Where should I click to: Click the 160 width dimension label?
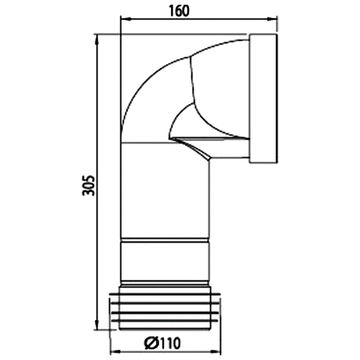[x=180, y=11]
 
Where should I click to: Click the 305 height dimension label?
[x=89, y=186]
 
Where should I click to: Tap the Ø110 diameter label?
[x=162, y=343]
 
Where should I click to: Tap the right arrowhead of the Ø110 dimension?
[x=216, y=352]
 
